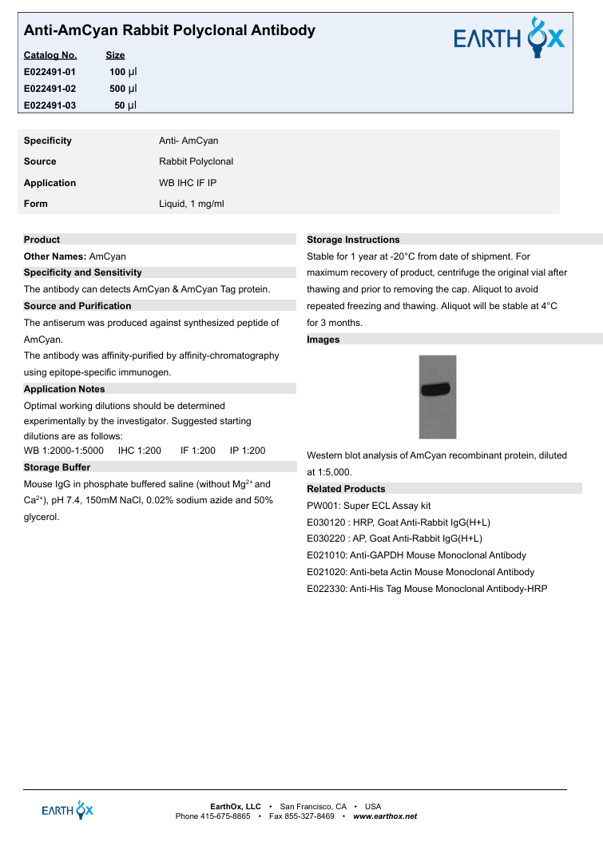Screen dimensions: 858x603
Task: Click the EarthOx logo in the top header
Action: [x=509, y=38]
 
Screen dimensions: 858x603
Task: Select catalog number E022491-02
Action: [x=50, y=89]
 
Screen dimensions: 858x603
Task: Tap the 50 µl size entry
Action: [x=125, y=105]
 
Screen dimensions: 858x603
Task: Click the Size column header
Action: [x=115, y=55]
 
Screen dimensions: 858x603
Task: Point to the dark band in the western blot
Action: [x=437, y=390]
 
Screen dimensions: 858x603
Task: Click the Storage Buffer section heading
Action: [x=57, y=467]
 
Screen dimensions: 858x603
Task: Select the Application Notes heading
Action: [x=64, y=389]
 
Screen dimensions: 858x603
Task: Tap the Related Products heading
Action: [x=346, y=489]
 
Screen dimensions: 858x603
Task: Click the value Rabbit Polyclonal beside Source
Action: [x=196, y=161]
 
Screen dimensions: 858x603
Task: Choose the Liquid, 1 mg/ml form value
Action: [x=191, y=204]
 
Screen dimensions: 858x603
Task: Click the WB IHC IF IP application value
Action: [x=188, y=183]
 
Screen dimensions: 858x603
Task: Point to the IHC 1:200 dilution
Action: [x=139, y=451]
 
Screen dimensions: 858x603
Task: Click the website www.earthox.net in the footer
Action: [x=385, y=816]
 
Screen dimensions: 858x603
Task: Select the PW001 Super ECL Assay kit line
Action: [x=368, y=506]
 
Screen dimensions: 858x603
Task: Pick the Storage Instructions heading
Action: [x=353, y=240]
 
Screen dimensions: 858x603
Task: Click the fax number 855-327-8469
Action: [x=308, y=816]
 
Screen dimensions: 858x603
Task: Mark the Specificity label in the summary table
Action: [x=48, y=141]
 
